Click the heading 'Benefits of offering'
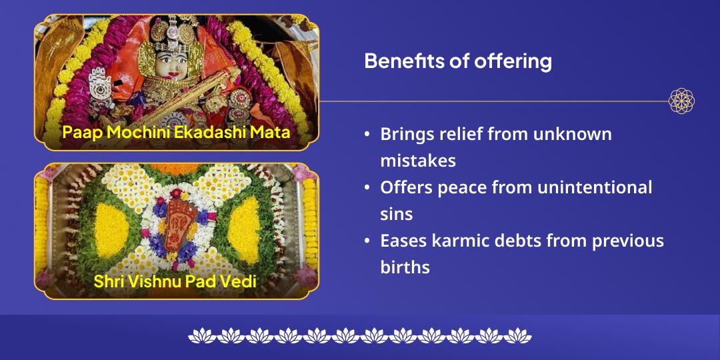(x=458, y=61)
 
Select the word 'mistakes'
(x=417, y=160)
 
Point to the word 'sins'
(x=397, y=214)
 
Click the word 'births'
(x=405, y=267)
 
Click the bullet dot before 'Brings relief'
(x=367, y=134)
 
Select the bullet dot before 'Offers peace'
(x=367, y=188)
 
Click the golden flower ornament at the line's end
(x=681, y=101)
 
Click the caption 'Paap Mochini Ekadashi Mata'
(x=176, y=132)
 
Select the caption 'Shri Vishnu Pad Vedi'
(x=175, y=281)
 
